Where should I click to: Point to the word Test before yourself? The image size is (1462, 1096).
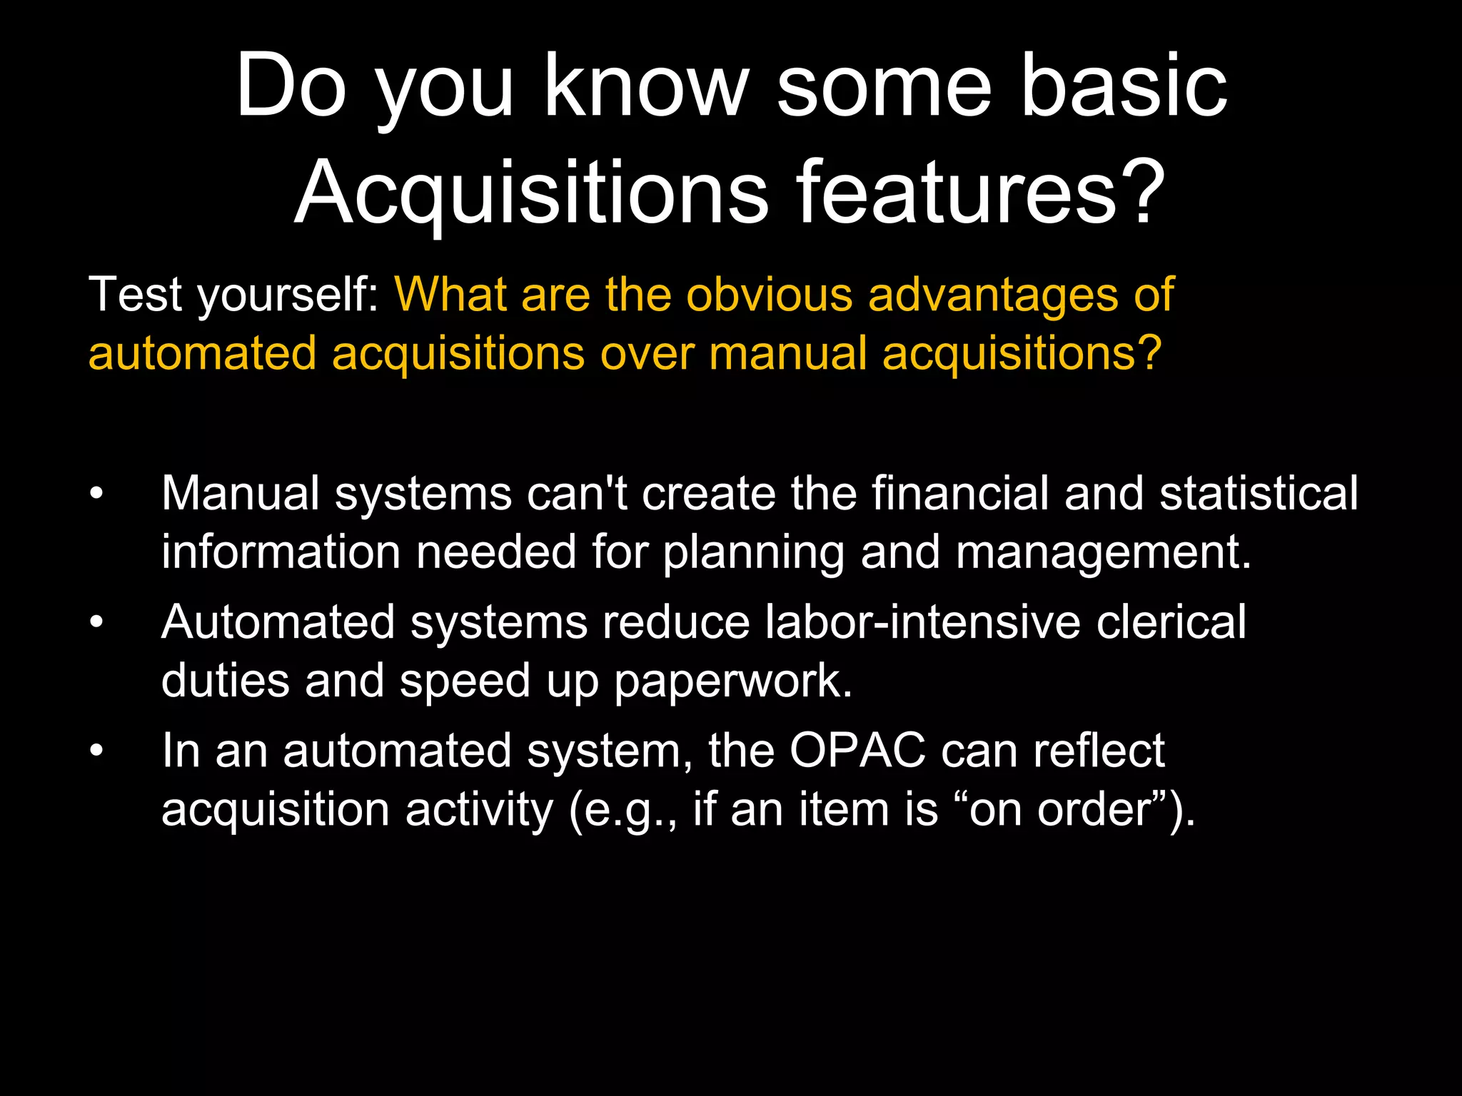coord(136,294)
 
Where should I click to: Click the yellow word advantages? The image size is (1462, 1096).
coord(993,294)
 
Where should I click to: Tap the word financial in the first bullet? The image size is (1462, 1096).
coord(961,493)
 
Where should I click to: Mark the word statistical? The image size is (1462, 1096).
coord(1259,493)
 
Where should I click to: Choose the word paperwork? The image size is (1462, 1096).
coord(732,681)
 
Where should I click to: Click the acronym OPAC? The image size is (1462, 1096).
coord(857,751)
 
